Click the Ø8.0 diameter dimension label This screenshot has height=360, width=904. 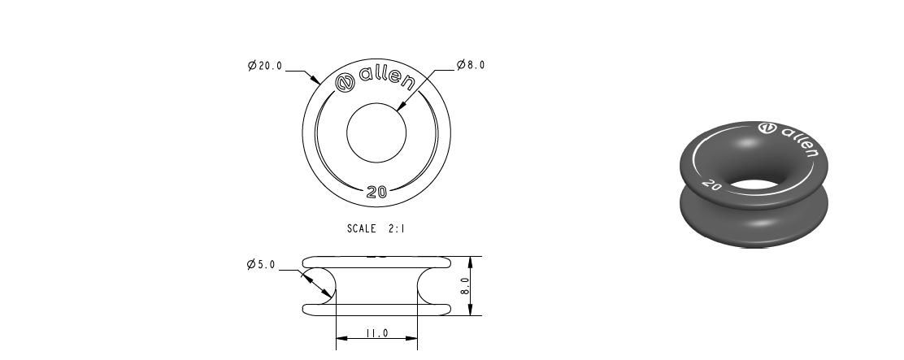pyautogui.click(x=471, y=65)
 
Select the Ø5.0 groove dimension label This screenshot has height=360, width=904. pyautogui.click(x=262, y=265)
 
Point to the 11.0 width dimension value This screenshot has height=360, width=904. pyautogui.click(x=376, y=333)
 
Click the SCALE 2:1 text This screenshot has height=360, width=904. pyautogui.click(x=376, y=229)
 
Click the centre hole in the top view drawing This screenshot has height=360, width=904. pyautogui.click(x=376, y=132)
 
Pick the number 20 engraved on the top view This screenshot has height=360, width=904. pyautogui.click(x=376, y=193)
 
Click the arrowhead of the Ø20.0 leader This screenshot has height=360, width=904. pyautogui.click(x=318, y=83)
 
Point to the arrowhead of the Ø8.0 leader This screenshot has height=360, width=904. pyautogui.click(x=402, y=106)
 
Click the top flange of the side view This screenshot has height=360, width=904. pyautogui.click(x=376, y=261)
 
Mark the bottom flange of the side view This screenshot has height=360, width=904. pyautogui.click(x=376, y=310)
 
